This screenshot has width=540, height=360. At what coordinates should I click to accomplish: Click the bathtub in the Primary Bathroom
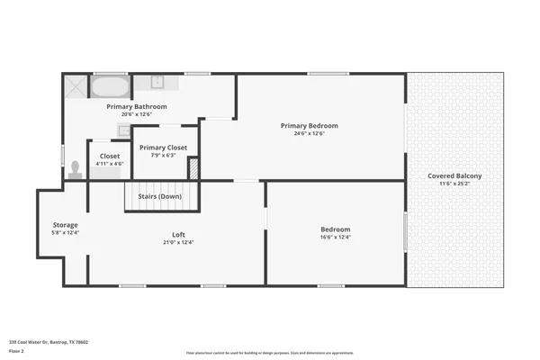(x=111, y=87)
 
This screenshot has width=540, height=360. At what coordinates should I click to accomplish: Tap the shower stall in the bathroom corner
(x=75, y=87)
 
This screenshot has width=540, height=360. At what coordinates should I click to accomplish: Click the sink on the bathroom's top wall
(x=157, y=83)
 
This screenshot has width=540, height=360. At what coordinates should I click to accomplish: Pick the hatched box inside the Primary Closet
(x=193, y=168)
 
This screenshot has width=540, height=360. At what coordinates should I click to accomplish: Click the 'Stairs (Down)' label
(x=159, y=196)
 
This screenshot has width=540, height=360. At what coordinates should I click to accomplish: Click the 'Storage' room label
(x=65, y=224)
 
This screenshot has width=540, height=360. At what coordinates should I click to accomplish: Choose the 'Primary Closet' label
(x=163, y=147)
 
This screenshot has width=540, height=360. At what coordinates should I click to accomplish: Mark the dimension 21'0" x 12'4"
(x=178, y=242)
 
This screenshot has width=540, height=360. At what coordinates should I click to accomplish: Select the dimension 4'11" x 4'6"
(x=109, y=164)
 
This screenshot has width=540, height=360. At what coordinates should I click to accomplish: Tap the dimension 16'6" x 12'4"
(x=335, y=238)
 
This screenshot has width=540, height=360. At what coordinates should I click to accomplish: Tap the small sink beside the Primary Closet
(x=123, y=130)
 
